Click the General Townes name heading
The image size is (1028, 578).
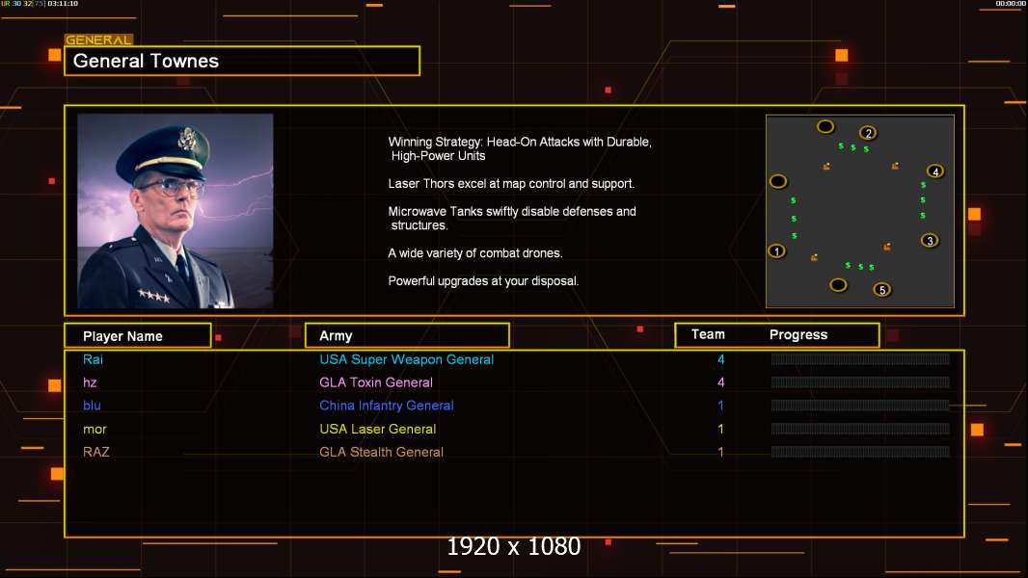pyautogui.click(x=147, y=61)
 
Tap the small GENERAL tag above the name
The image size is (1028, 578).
pyautogui.click(x=98, y=40)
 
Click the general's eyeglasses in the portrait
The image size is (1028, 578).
pyautogui.click(x=169, y=184)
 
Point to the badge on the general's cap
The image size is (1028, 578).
pyautogui.click(x=188, y=140)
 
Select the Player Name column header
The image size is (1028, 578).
pyautogui.click(x=122, y=336)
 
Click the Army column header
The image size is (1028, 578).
pyautogui.click(x=336, y=336)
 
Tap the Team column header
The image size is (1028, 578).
pyautogui.click(x=708, y=334)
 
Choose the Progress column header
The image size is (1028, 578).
pyautogui.click(x=798, y=335)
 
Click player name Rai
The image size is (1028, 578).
pyautogui.click(x=93, y=359)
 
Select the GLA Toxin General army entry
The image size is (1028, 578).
pyautogui.click(x=376, y=382)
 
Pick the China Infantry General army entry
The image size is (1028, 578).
pyautogui.click(x=387, y=406)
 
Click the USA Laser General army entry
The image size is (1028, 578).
pyautogui.click(x=378, y=429)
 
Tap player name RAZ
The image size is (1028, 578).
pyautogui.click(x=95, y=452)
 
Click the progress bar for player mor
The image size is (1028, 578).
pyautogui.click(x=860, y=429)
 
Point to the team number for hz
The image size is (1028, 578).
pyautogui.click(x=720, y=382)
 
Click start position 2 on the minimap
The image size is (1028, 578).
pyautogui.click(x=868, y=133)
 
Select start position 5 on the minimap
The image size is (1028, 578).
pyautogui.click(x=881, y=289)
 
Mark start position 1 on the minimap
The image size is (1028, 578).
pyautogui.click(x=777, y=251)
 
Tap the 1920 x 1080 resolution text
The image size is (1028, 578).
pyautogui.click(x=514, y=547)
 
